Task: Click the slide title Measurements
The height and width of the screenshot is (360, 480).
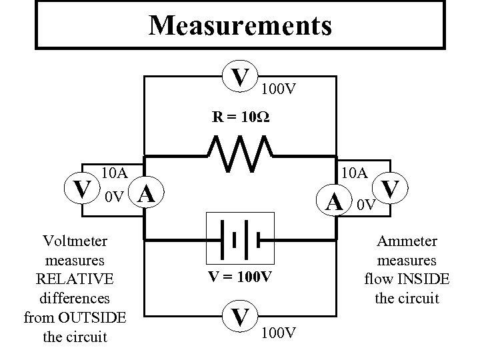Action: [x=240, y=26]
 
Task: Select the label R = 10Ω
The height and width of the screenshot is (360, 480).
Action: [x=241, y=117]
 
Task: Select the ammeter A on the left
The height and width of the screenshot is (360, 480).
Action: [x=147, y=194]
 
